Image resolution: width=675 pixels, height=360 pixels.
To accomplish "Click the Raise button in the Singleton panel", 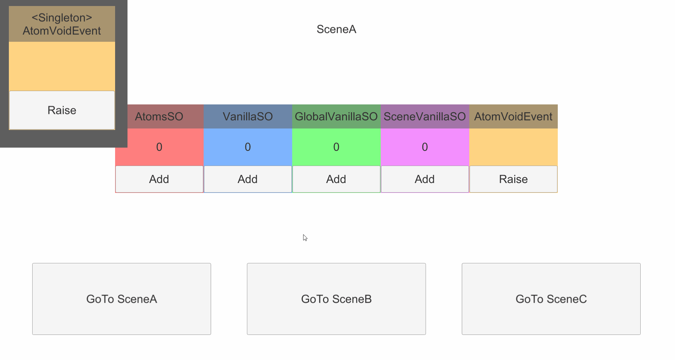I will coord(62,110).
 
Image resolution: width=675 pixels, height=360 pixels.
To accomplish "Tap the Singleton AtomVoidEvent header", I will coord(62,24).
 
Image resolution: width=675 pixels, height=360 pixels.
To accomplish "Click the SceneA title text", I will coord(336,29).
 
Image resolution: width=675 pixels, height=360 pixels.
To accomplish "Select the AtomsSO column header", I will coord(159,116).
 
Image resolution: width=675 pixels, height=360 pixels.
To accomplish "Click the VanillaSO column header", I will coord(248,116).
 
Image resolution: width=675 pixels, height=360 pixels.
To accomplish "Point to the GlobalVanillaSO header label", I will coord(336,116).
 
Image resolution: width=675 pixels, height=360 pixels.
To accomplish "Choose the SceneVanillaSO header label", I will coord(425,116).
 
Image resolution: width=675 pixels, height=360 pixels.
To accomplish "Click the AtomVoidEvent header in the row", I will coord(513,116).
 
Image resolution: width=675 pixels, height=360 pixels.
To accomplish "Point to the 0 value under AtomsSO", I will coord(159,147).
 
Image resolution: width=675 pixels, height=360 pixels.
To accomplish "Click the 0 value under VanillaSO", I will coord(248,147).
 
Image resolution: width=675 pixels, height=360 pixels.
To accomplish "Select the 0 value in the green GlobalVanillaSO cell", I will coord(336,147).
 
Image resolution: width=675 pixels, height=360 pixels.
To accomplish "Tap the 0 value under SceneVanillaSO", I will coord(425,147).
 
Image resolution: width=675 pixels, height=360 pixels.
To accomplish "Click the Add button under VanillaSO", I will coord(248,179).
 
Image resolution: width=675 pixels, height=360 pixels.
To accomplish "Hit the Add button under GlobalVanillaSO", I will coord(336,179).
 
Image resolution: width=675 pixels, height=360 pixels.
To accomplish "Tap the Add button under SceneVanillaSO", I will coord(425,179).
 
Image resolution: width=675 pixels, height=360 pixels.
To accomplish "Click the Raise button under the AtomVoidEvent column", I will coord(513,179).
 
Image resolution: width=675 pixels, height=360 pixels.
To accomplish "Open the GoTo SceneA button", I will coord(121,299).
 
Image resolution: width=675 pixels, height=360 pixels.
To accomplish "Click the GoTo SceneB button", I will coord(336,299).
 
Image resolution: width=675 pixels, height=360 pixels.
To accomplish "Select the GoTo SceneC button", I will coord(551,299).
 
